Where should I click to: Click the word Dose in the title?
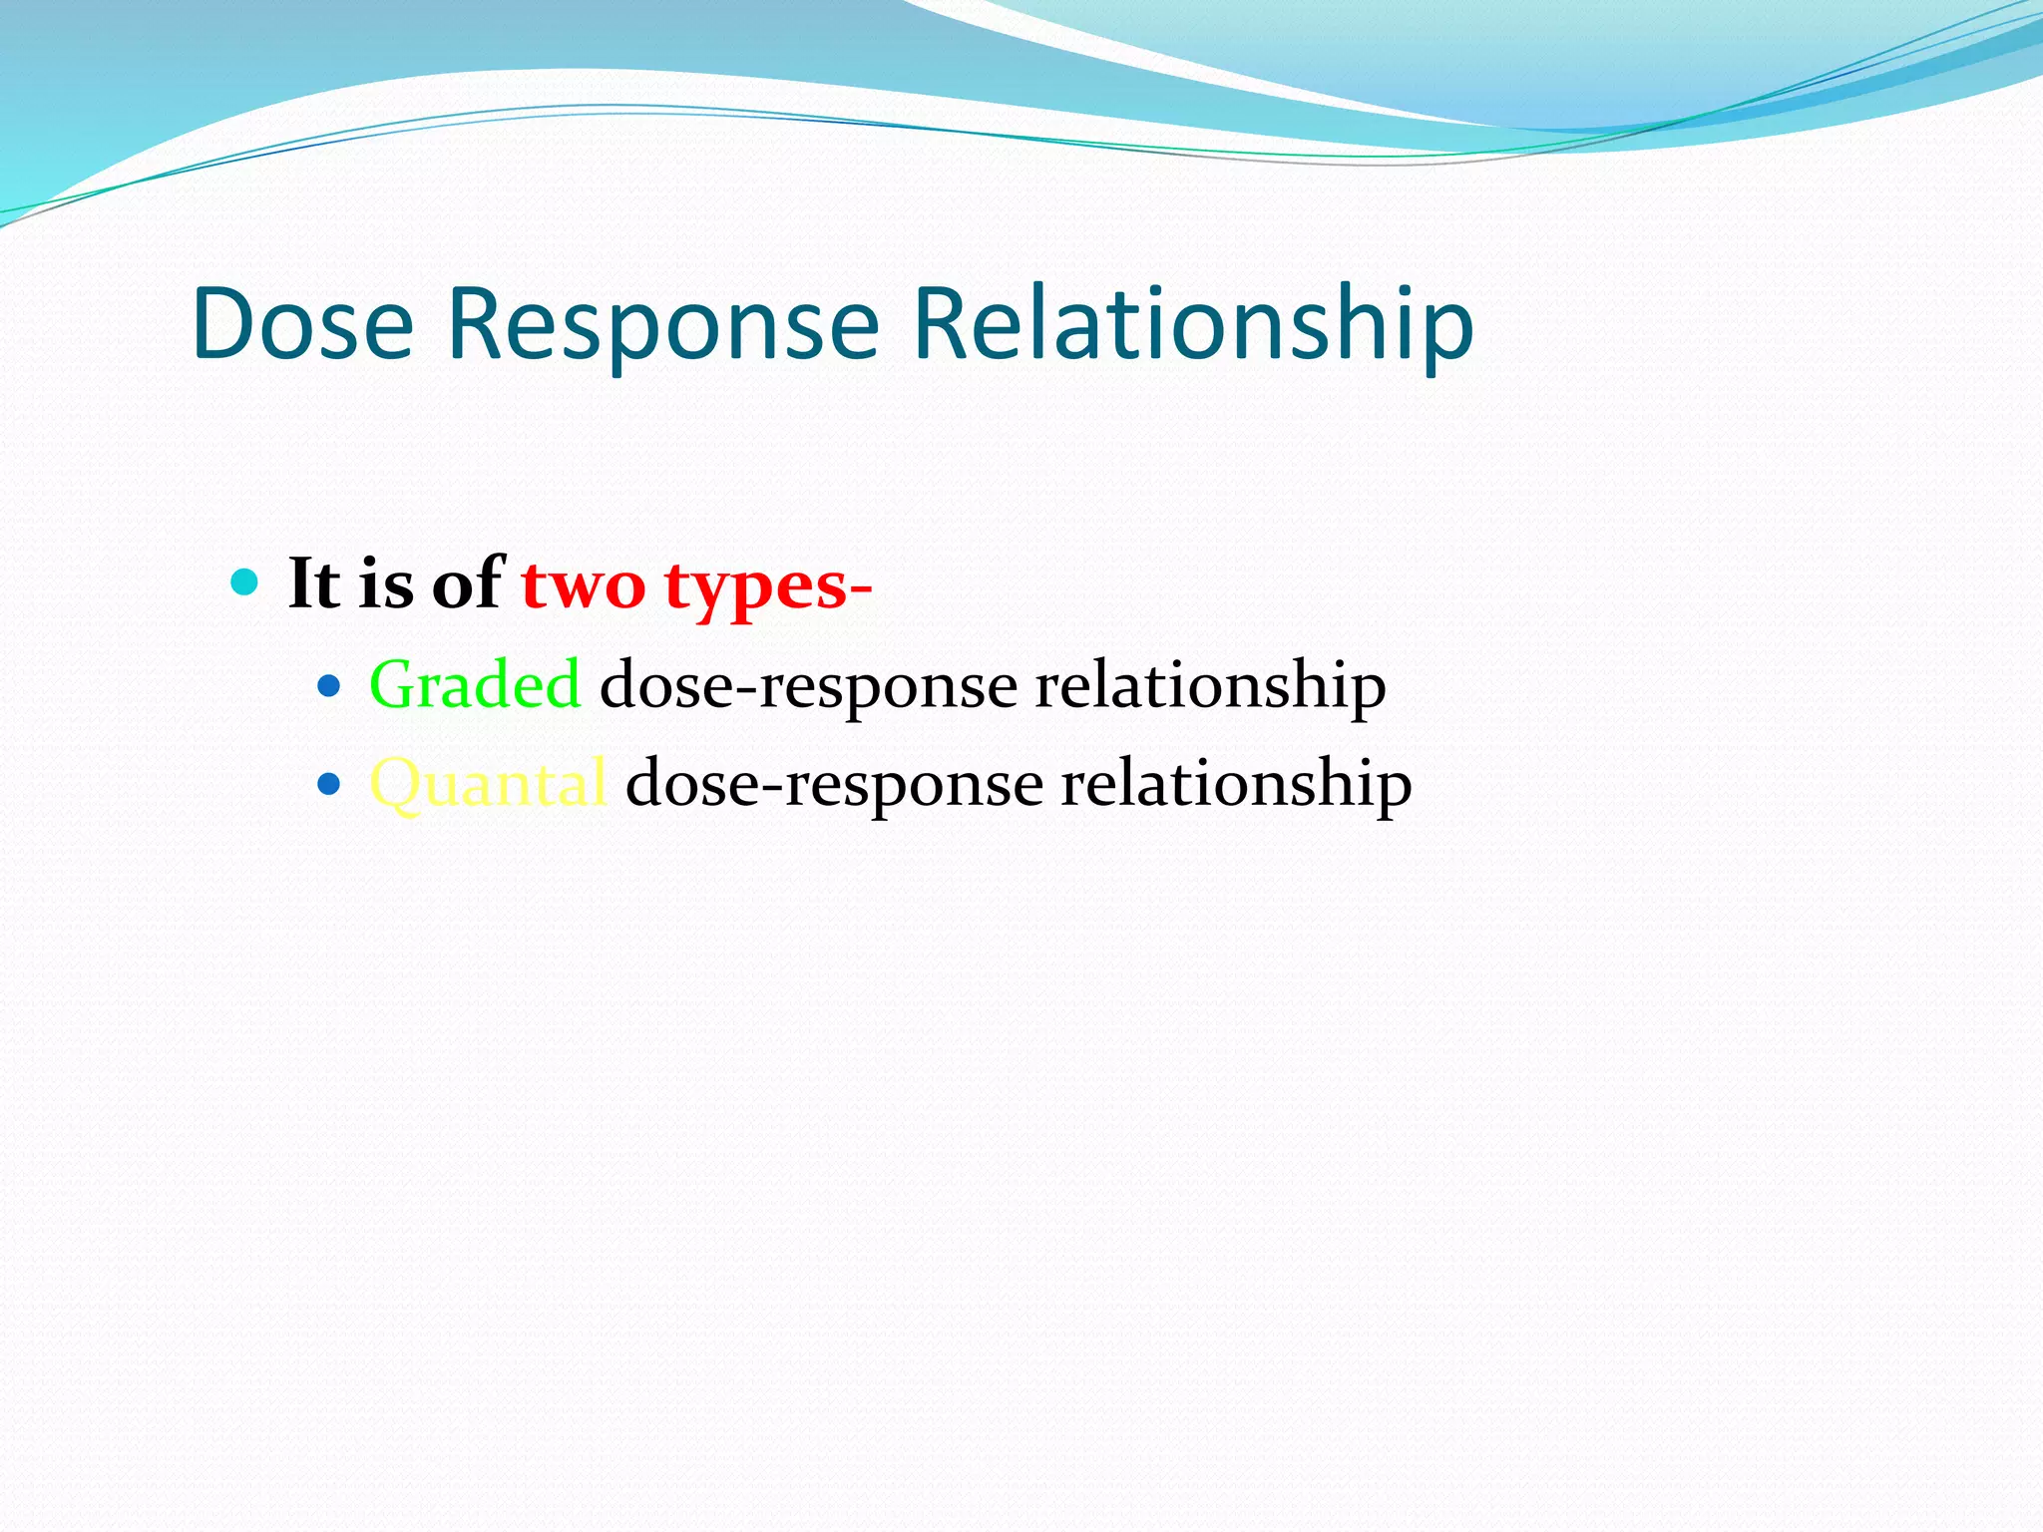(x=302, y=323)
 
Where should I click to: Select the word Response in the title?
(x=662, y=323)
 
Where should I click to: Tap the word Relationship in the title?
(x=1193, y=323)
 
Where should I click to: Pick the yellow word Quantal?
(x=488, y=783)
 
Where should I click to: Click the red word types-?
(x=768, y=586)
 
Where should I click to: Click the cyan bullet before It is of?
(x=244, y=581)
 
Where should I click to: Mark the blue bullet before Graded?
(x=328, y=686)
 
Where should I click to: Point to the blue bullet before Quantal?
(x=328, y=784)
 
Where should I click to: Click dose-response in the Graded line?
(x=808, y=686)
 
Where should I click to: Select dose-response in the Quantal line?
(x=834, y=784)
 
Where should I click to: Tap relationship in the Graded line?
(x=1210, y=686)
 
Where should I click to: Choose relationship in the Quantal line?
(x=1236, y=784)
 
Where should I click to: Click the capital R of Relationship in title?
(x=946, y=323)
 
